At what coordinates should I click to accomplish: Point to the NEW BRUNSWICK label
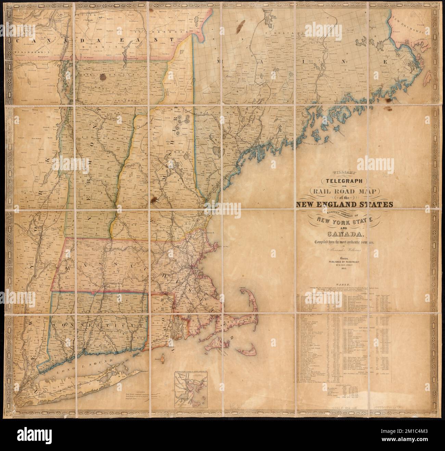(411, 19)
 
